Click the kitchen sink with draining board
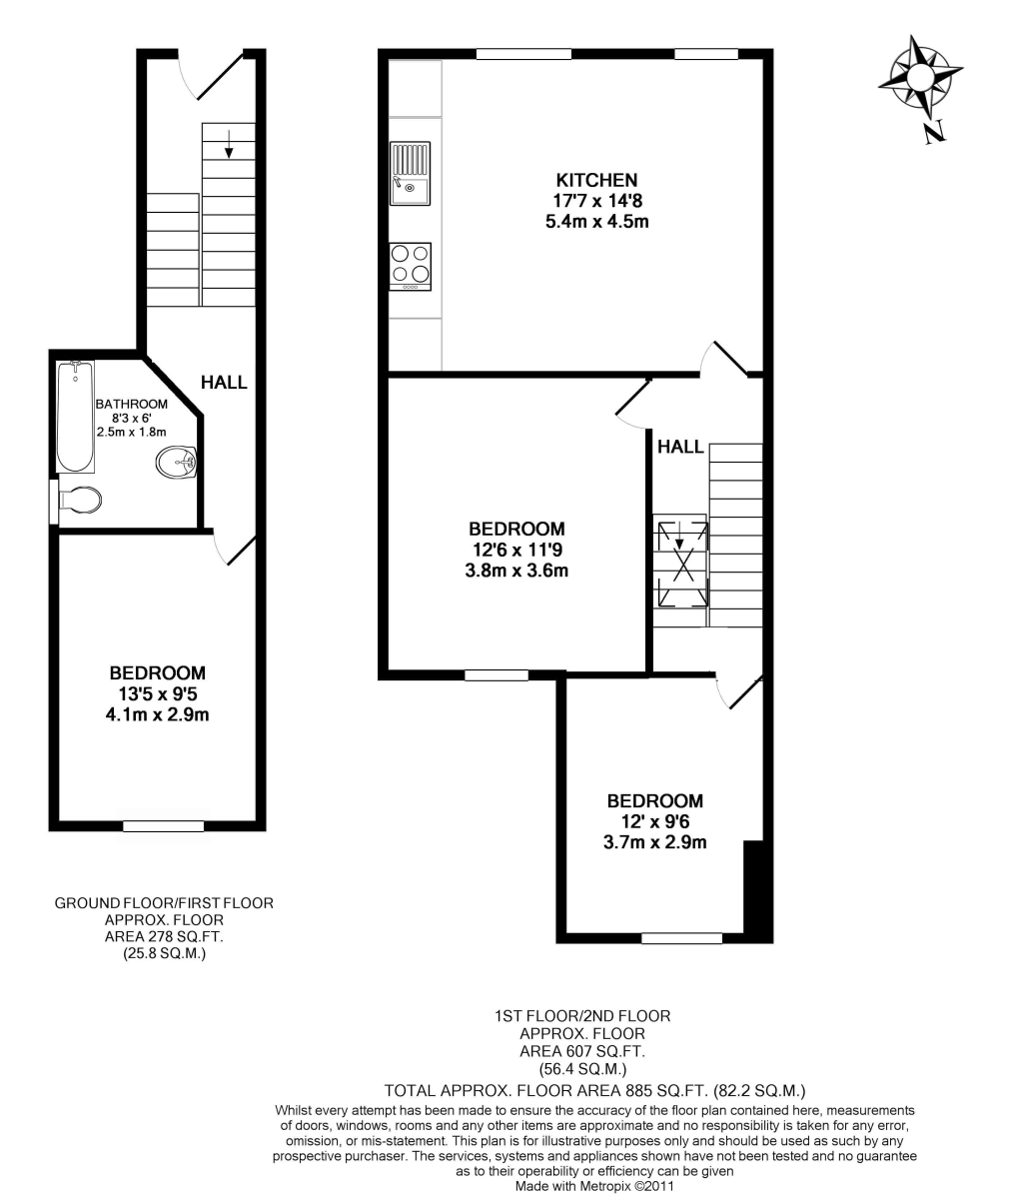410,174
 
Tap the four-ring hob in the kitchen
410,267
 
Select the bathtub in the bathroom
75,417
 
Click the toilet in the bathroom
78,501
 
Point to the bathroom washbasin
176,462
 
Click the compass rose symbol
920,76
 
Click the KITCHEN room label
596,180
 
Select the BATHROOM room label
132,404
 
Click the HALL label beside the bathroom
224,382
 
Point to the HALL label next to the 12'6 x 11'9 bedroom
680,447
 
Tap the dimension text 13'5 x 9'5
158,694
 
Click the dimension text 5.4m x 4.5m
597,222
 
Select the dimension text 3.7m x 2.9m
654,842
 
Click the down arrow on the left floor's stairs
229,144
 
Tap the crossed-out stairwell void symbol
682,564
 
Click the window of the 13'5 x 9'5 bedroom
164,825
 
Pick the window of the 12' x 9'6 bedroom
681,938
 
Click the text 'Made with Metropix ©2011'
594,1186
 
